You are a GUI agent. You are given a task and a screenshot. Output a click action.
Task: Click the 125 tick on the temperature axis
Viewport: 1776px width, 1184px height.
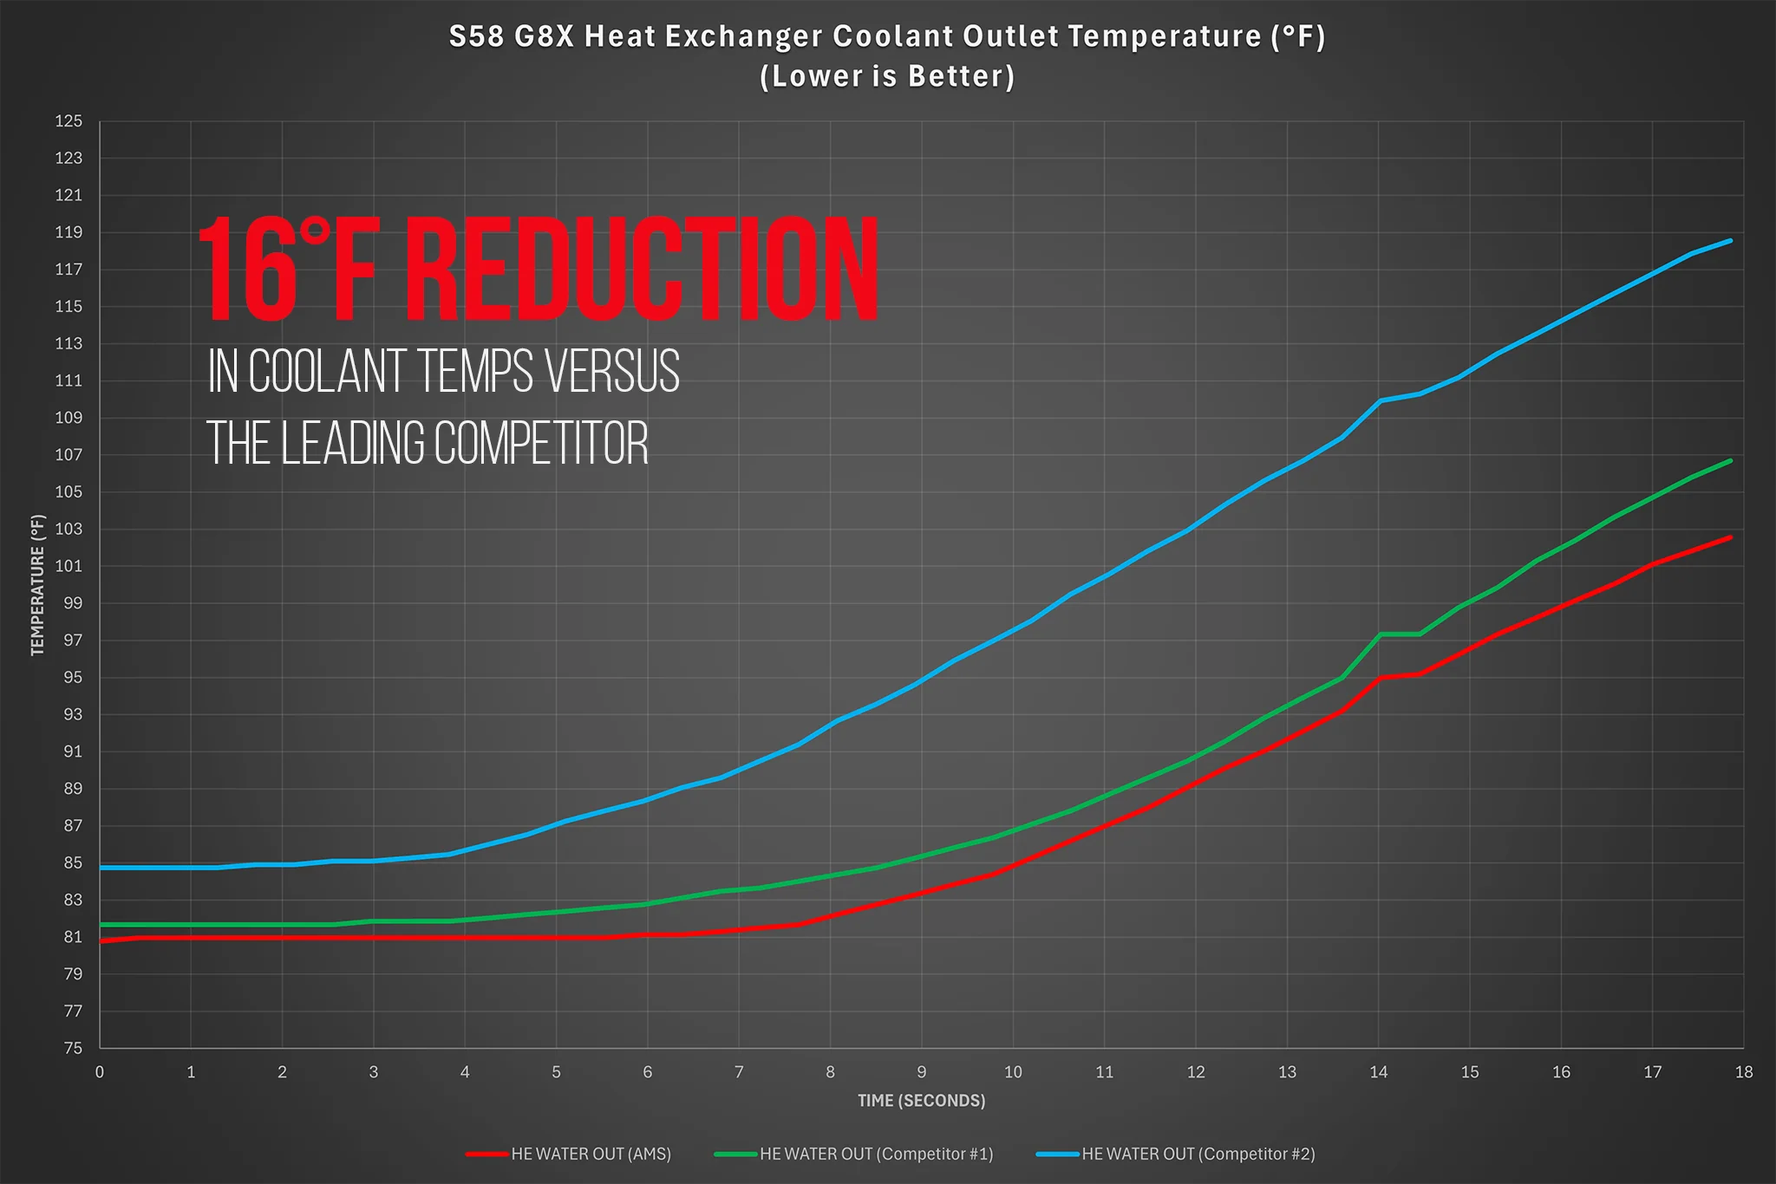click(x=69, y=121)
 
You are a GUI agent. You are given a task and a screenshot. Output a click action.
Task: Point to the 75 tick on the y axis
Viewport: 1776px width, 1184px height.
click(x=73, y=1048)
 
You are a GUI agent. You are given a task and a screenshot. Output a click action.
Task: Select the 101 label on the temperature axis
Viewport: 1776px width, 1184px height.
click(x=69, y=566)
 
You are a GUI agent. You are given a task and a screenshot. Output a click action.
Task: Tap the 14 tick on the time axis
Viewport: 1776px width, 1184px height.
click(x=1378, y=1072)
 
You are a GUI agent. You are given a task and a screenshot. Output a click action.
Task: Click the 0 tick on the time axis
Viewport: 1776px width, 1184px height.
click(x=100, y=1072)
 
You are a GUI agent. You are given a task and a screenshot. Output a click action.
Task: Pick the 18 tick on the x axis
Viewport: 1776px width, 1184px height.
click(x=1744, y=1072)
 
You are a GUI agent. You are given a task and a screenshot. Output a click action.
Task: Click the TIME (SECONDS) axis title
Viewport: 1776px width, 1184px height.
click(x=921, y=1101)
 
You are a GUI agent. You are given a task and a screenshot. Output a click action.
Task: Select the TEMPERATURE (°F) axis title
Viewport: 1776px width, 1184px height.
click(x=37, y=585)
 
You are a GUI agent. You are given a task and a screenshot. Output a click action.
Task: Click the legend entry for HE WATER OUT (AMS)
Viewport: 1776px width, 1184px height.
click(x=569, y=1154)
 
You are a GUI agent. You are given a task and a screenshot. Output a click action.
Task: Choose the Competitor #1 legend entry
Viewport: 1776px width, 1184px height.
click(x=854, y=1154)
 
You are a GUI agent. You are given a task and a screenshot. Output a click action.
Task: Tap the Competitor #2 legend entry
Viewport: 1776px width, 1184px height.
click(x=1176, y=1154)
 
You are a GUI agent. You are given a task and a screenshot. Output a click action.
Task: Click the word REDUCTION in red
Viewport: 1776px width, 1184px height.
click(x=643, y=270)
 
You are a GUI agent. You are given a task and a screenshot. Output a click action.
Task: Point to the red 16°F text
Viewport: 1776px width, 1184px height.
click(x=288, y=270)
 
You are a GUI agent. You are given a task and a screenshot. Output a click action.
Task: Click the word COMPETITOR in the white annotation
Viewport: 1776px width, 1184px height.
click(x=541, y=443)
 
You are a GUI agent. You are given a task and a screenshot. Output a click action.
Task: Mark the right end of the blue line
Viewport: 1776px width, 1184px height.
click(x=1731, y=240)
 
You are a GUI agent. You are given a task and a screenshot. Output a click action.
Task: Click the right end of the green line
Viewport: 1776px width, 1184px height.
click(x=1731, y=460)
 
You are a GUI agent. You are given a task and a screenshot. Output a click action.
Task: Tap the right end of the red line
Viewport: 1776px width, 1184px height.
click(x=1731, y=537)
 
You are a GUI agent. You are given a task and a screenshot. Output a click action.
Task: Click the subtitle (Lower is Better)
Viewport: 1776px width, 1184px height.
click(x=887, y=76)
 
